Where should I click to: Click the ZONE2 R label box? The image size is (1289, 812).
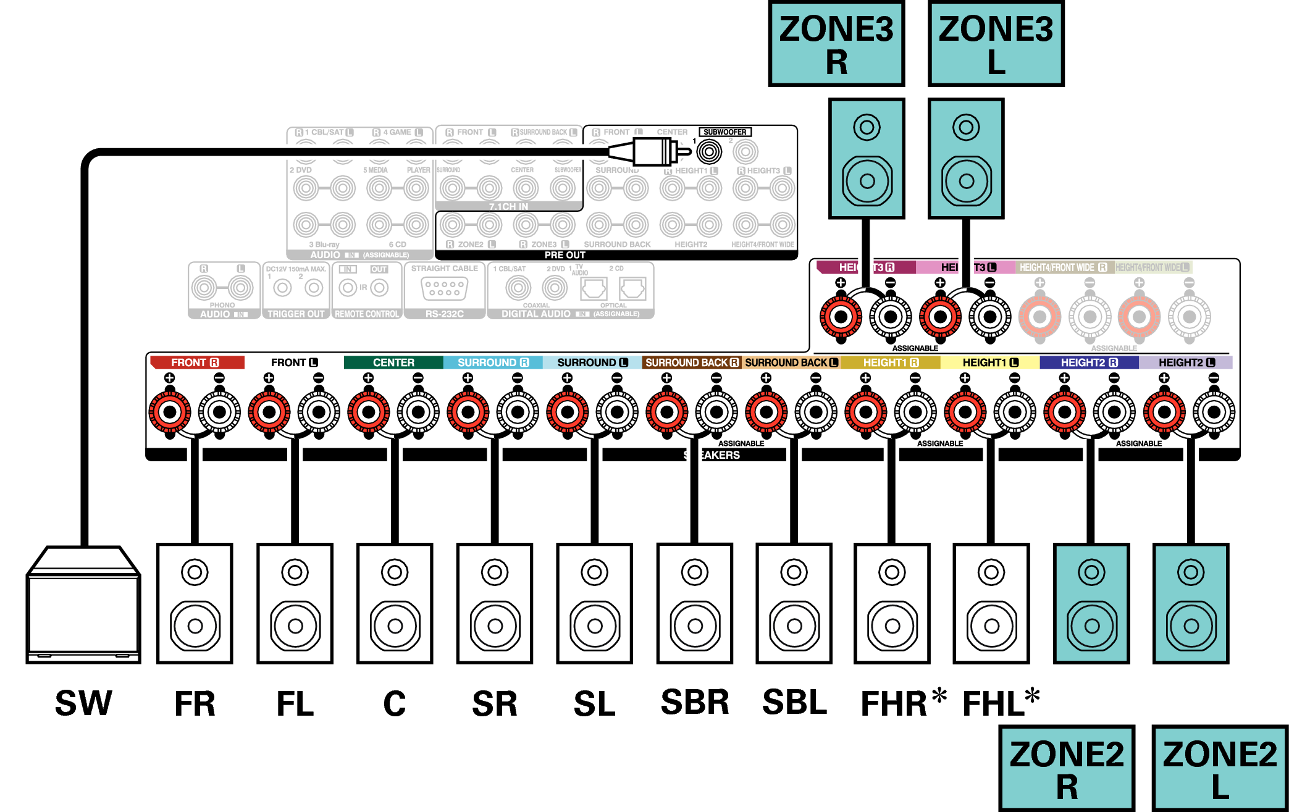pos(1067,769)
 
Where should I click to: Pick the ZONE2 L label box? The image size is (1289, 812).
pos(1220,769)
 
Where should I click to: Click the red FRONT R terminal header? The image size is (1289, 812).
pos(196,362)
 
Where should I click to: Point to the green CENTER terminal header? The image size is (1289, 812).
pos(393,362)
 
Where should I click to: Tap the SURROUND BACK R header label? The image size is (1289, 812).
pos(692,362)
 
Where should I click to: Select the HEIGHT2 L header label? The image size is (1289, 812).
pos(1186,362)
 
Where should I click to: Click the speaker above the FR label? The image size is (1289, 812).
pos(195,604)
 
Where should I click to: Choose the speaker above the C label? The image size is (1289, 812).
pos(395,604)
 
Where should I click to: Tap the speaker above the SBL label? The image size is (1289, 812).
pos(794,604)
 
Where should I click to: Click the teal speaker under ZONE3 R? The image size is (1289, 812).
pos(867,159)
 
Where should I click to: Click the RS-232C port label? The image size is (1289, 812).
pos(444,314)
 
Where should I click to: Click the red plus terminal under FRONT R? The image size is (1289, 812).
pos(170,412)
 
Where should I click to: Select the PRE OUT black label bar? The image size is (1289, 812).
pos(565,255)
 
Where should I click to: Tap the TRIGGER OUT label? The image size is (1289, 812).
pos(295,314)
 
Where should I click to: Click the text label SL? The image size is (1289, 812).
pos(594,704)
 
